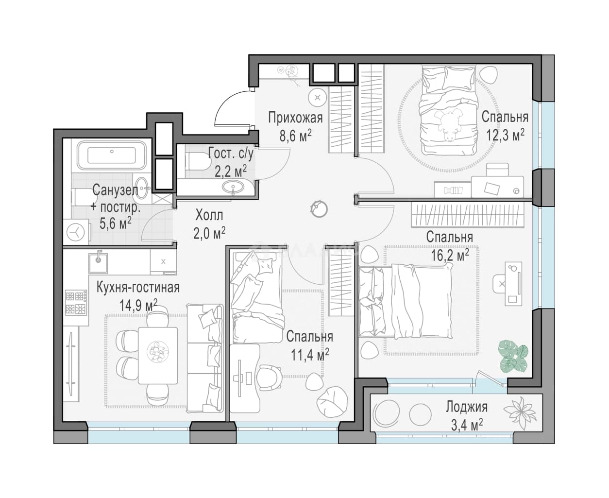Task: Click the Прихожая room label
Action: [295, 118]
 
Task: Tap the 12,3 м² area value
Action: [506, 135]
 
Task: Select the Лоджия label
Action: [467, 407]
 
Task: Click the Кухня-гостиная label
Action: [138, 288]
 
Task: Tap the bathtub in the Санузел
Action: [112, 155]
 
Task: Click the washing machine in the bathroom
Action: [76, 233]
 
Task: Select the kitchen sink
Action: [98, 263]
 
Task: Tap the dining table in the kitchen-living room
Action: [158, 355]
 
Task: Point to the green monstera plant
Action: [514, 356]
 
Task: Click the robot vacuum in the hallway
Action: [319, 208]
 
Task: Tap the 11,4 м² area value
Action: [310, 355]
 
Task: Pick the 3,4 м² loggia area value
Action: [466, 425]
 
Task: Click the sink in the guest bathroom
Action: [233, 186]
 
